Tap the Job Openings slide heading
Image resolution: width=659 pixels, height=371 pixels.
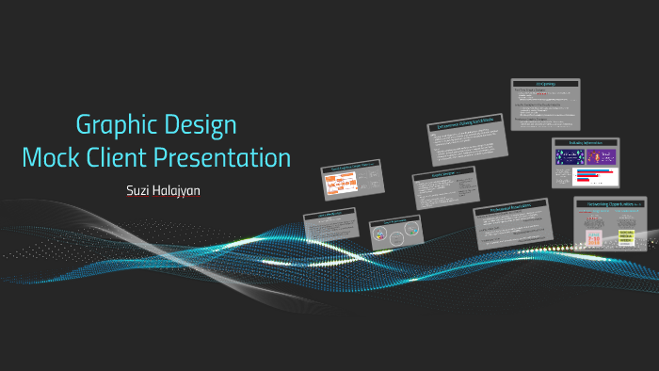(x=545, y=83)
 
